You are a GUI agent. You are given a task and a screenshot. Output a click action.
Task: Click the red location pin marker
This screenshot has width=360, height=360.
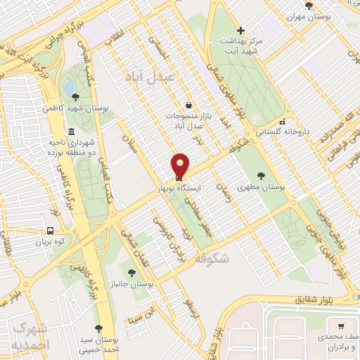point(181,165)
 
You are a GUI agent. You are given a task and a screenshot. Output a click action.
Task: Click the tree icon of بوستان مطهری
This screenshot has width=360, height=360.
point(262,176)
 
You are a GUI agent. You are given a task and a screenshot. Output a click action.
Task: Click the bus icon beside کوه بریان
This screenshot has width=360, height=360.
point(50,230)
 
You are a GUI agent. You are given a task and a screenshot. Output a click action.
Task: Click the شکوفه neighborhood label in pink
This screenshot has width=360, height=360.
point(212,257)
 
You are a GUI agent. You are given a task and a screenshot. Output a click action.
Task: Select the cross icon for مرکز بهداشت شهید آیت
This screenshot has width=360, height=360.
point(241,30)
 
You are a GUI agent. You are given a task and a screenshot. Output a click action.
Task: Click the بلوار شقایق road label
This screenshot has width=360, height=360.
point(326,298)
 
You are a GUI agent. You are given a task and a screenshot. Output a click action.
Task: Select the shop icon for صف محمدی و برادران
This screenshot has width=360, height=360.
point(341,327)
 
